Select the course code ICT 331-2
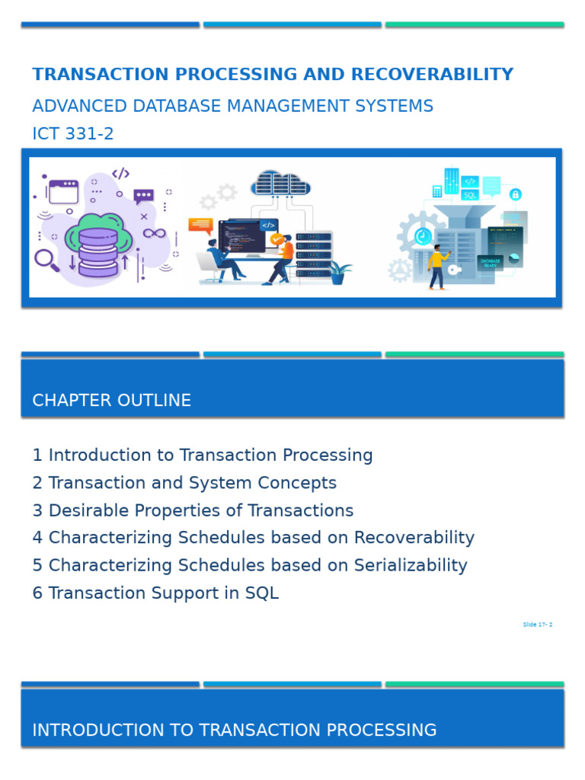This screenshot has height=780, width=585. [x=73, y=134]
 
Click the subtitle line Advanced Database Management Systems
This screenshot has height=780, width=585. [x=232, y=106]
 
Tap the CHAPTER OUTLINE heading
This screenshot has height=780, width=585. [x=112, y=401]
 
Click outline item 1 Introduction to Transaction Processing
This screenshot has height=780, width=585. [x=203, y=456]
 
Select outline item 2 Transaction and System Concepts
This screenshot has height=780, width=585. [x=184, y=483]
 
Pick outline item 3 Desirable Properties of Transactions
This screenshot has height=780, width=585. [x=193, y=510]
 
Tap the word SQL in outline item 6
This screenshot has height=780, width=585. [x=261, y=593]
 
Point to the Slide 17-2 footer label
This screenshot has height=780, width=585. [x=537, y=625]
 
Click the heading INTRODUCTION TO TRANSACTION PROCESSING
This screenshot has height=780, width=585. [x=235, y=730]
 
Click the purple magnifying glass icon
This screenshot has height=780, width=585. [x=46, y=260]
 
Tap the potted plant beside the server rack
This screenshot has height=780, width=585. [x=339, y=272]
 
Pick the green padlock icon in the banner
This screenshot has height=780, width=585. [x=516, y=194]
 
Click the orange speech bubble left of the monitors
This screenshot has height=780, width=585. [x=200, y=225]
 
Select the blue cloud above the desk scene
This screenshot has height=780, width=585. [x=280, y=183]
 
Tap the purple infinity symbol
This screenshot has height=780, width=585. [x=154, y=233]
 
